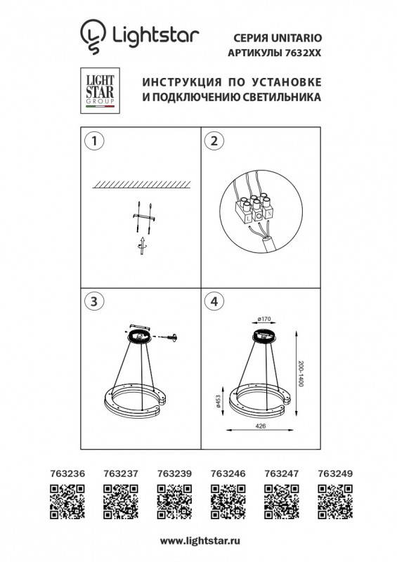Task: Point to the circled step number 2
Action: point(209,140)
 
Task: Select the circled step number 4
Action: point(209,301)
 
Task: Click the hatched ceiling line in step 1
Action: point(141,184)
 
